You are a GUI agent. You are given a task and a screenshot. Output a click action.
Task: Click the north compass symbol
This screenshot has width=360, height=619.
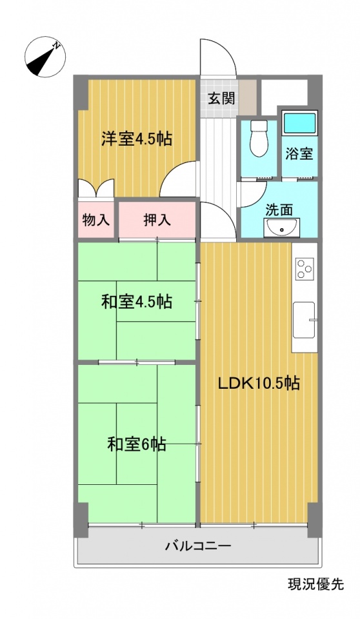tap(45, 57)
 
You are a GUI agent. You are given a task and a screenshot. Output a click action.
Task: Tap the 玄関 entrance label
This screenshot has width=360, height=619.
tap(222, 98)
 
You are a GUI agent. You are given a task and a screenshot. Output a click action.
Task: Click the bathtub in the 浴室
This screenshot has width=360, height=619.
tap(300, 124)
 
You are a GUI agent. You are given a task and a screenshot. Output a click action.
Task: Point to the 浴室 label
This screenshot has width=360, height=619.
tap(299, 153)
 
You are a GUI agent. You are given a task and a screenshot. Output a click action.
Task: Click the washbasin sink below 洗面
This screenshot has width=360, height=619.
tap(281, 228)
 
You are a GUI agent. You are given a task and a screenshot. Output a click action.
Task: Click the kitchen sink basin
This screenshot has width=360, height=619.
tap(304, 320)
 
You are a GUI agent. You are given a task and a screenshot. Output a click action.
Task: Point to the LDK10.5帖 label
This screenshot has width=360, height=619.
tap(259, 383)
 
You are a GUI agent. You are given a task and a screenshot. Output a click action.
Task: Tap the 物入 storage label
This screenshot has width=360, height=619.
tap(95, 221)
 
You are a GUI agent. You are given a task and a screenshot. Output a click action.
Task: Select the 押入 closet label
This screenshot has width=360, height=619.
tap(157, 221)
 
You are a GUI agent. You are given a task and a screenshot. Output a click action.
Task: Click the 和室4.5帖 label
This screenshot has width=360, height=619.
tap(137, 302)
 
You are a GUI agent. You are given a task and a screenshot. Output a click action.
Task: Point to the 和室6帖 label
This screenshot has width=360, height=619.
tap(137, 444)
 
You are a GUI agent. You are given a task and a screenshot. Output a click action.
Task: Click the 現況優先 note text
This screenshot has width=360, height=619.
tap(315, 584)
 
